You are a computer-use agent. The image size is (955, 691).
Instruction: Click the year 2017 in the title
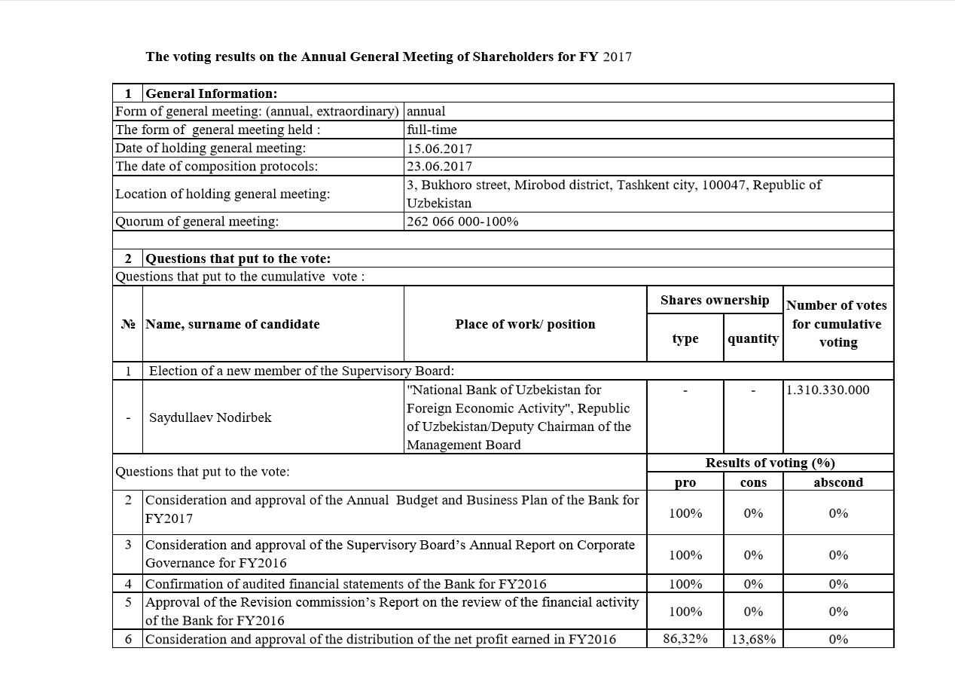point(617,57)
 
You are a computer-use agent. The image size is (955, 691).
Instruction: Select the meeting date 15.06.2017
point(439,148)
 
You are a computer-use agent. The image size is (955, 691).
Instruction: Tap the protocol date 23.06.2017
point(439,167)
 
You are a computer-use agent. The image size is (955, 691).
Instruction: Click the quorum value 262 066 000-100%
point(462,222)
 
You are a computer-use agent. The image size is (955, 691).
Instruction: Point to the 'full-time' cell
point(432,130)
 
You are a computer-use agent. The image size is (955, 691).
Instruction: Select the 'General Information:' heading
point(211,93)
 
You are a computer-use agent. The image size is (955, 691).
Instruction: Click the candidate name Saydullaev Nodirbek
point(210,417)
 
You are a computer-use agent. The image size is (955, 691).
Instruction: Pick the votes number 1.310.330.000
point(827,390)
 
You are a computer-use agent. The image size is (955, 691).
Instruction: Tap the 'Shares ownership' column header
point(715,300)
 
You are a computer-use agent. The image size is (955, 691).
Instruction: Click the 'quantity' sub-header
point(753,338)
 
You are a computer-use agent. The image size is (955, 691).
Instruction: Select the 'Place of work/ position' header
point(525,324)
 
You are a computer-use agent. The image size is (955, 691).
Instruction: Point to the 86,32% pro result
point(685,639)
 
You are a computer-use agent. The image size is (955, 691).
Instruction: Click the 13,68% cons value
point(753,639)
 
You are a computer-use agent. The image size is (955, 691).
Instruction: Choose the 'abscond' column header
point(838,482)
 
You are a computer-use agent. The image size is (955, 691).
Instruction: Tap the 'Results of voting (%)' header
point(770,463)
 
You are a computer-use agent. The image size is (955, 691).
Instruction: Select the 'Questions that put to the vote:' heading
point(238,258)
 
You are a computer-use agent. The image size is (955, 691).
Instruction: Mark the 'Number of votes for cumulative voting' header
point(838,324)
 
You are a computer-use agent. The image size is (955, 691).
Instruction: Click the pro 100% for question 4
point(685,584)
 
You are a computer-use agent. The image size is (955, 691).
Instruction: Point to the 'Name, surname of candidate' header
point(232,324)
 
